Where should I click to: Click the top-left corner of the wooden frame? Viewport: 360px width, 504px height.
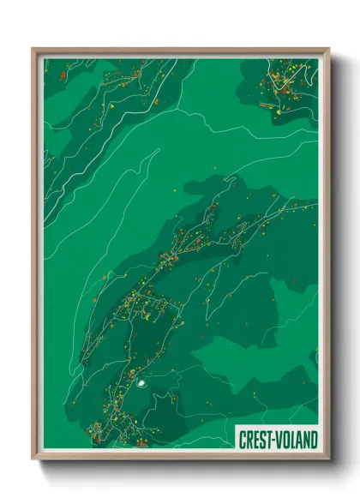pos(33,49)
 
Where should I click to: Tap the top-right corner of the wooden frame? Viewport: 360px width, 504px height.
pos(329,49)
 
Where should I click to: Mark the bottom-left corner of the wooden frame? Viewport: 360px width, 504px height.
pos(33,460)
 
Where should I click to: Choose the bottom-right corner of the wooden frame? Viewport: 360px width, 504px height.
pos(329,460)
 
